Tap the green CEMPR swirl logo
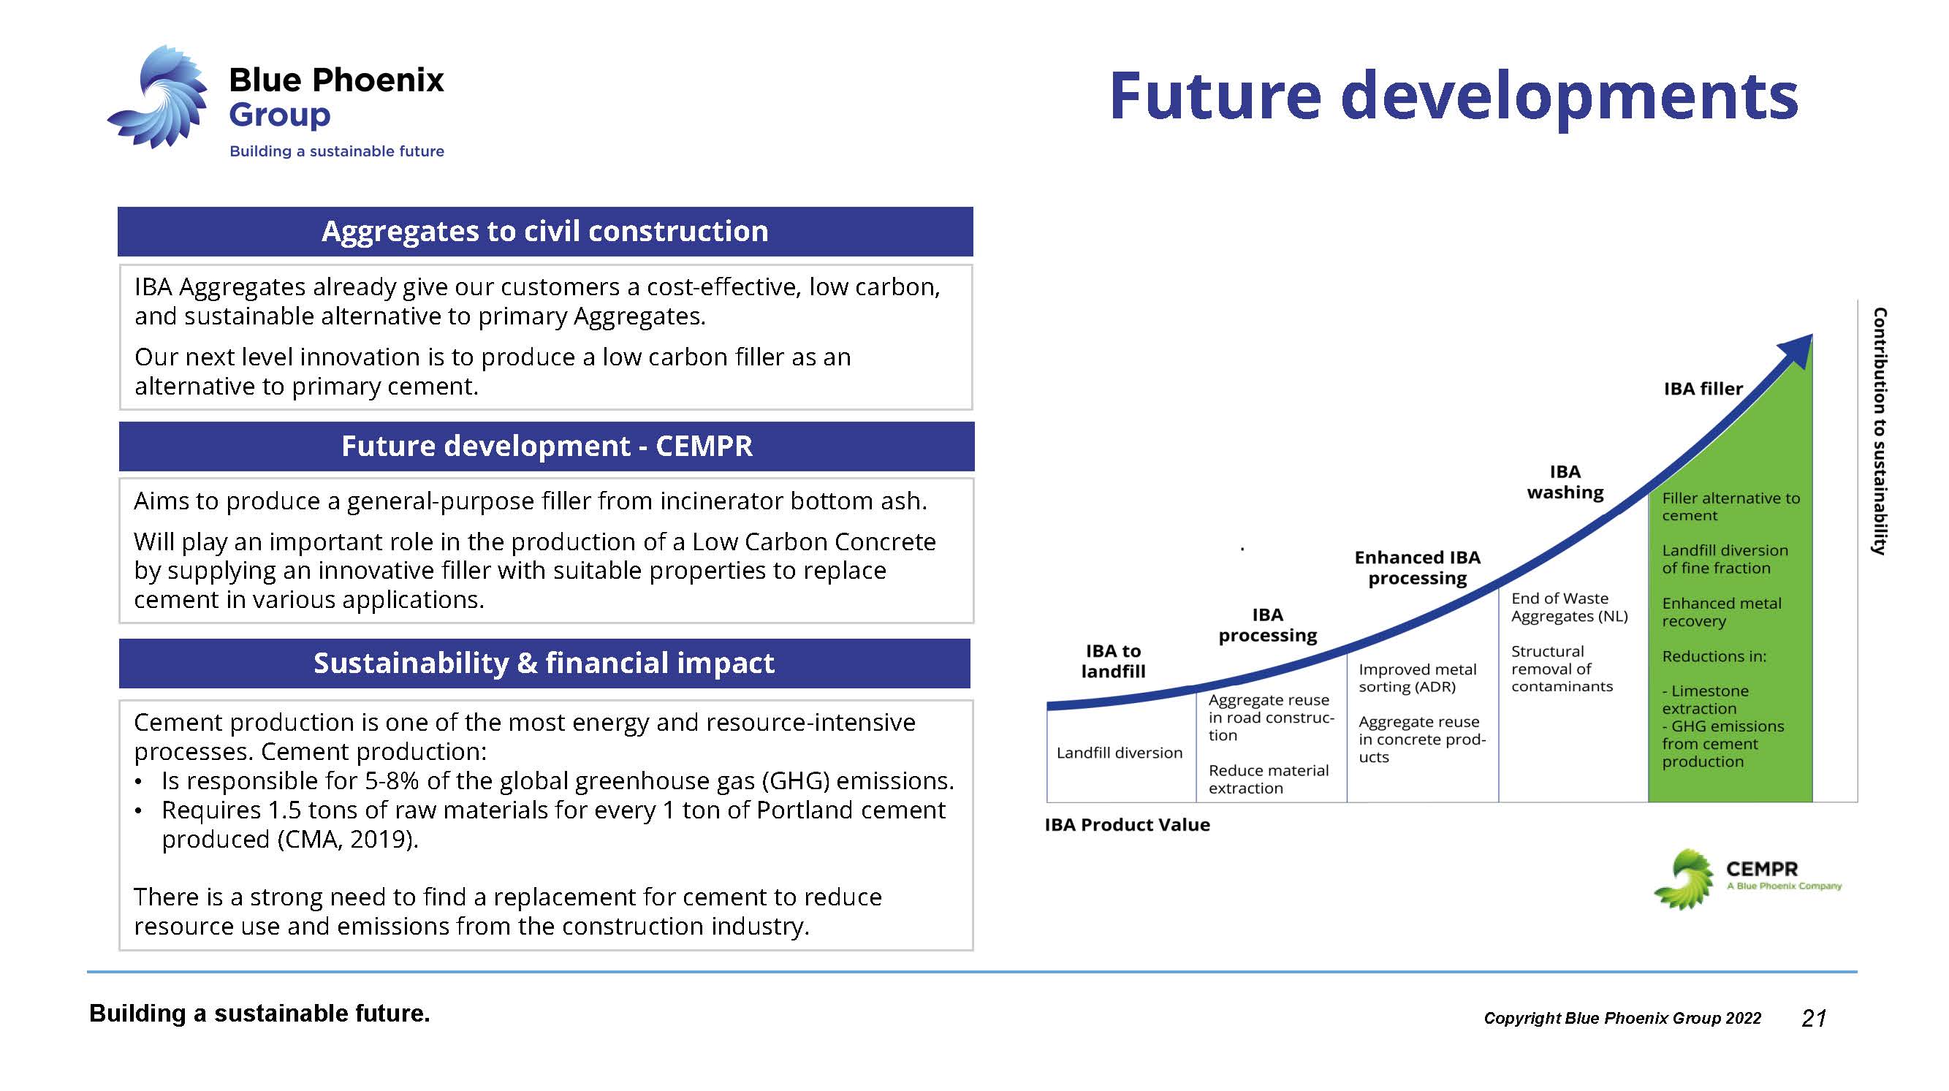coord(1684,879)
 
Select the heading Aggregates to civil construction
coord(544,231)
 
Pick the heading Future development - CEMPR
coord(547,446)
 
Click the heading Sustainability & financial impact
coord(544,663)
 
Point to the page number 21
coord(1815,1019)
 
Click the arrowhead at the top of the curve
coord(1798,350)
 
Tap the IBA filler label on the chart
coord(1703,389)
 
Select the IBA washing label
coord(1565,482)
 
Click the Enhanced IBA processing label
coord(1417,568)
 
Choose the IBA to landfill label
coord(1113,661)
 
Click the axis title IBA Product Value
coord(1128,825)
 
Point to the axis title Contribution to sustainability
coord(1880,431)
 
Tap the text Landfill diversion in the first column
coord(1119,753)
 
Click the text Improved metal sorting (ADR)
coord(1417,678)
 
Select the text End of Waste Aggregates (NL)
coord(1569,607)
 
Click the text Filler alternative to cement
coord(1731,507)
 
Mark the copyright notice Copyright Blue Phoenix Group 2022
coord(1622,1019)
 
